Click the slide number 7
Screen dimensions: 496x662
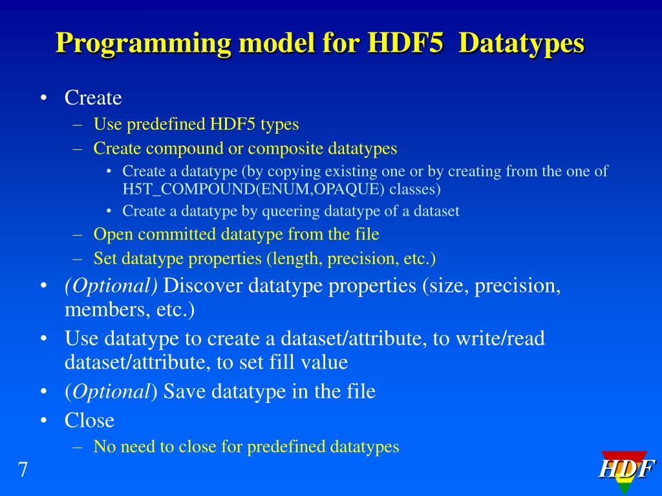point(23,470)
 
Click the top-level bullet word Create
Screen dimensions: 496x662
point(93,98)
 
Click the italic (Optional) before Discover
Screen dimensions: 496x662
point(111,285)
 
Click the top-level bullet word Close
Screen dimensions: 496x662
point(89,421)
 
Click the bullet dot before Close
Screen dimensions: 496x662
point(43,421)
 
